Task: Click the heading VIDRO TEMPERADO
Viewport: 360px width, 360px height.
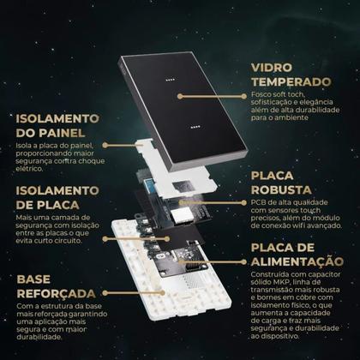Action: pyautogui.click(x=291, y=74)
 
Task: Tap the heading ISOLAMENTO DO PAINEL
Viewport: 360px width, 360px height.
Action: pyautogui.click(x=57, y=125)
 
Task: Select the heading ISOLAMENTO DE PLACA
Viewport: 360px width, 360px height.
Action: pyautogui.click(x=53, y=196)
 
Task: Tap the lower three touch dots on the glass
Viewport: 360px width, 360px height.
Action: pyautogui.click(x=195, y=130)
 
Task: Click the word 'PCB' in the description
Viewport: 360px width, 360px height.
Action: pyautogui.click(x=257, y=202)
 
